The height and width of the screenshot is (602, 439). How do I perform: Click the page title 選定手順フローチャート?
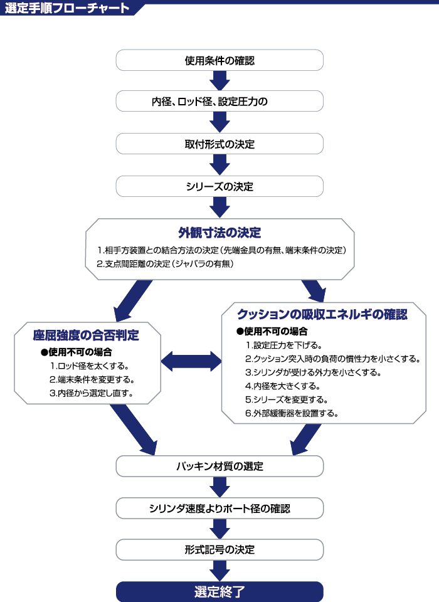67,8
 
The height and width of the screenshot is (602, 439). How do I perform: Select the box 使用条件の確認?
219,60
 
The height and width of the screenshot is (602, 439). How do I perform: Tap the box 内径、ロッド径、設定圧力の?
219,102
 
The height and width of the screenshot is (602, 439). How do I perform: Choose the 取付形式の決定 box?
219,144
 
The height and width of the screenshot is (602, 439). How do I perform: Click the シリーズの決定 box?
219,187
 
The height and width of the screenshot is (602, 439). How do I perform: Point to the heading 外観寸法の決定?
219,233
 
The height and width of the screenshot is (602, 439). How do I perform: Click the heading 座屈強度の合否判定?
86,335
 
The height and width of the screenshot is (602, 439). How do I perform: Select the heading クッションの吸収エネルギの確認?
322,314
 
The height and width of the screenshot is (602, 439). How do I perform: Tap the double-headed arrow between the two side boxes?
191,361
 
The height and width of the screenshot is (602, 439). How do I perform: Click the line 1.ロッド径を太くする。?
89,366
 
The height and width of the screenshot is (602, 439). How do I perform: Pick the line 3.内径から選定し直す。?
91,393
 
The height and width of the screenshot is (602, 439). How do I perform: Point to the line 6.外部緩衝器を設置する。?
292,413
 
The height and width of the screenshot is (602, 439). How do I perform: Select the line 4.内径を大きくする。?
282,386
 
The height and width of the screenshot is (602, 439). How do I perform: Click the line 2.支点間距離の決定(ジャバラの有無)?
165,264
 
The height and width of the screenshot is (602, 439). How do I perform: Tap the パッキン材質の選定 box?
219,467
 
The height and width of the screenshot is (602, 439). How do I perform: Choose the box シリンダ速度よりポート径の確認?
219,509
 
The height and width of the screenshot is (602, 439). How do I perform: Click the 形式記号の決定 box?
219,550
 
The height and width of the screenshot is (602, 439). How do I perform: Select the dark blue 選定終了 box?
219,591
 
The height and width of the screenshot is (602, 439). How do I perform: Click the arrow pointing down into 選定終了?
219,571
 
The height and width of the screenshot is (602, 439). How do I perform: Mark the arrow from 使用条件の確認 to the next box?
219,81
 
